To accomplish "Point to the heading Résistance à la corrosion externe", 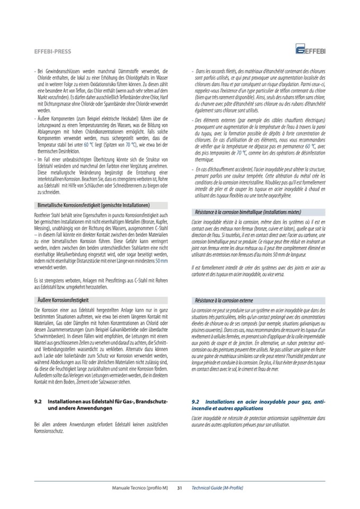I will tap(229, 300).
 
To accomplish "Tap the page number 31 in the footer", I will tap(179, 487).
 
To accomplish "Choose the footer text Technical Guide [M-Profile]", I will tap(217, 487).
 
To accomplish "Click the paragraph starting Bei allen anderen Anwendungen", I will tap(101, 428).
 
